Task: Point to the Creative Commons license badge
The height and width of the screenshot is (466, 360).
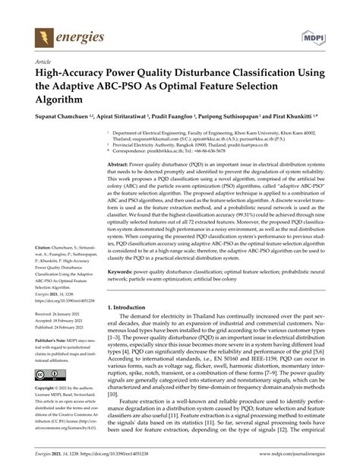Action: coord(43,376)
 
